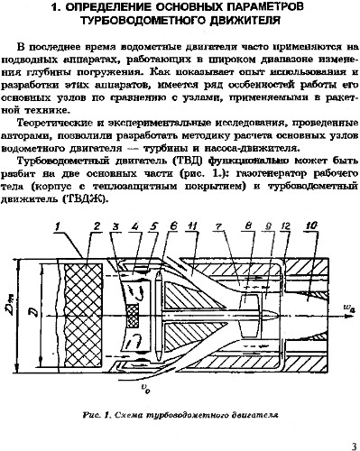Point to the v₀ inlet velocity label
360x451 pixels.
144,389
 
